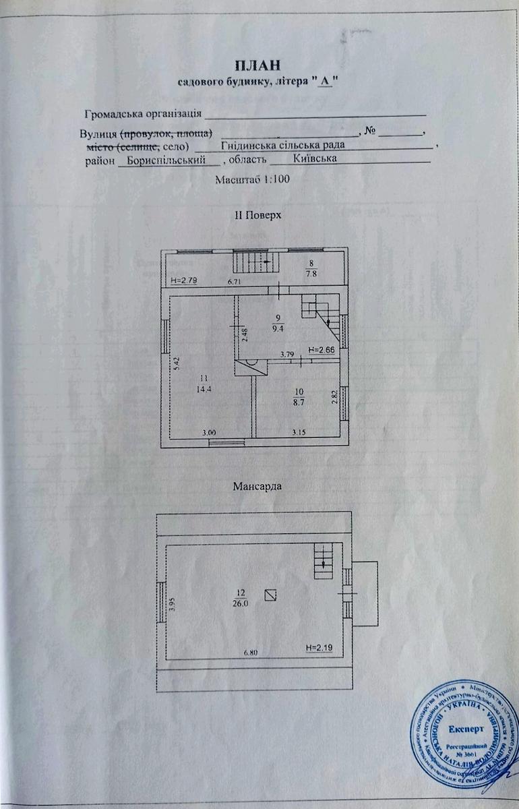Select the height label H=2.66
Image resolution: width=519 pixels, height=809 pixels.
pos(320,350)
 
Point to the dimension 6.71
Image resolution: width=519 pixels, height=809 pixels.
pos(234,281)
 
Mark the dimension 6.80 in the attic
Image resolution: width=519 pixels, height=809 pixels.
pos(251,653)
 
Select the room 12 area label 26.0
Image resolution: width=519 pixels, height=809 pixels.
pos(241,604)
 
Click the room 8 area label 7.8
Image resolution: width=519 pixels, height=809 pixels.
pos(311,274)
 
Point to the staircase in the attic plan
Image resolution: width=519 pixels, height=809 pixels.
pos(324,560)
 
